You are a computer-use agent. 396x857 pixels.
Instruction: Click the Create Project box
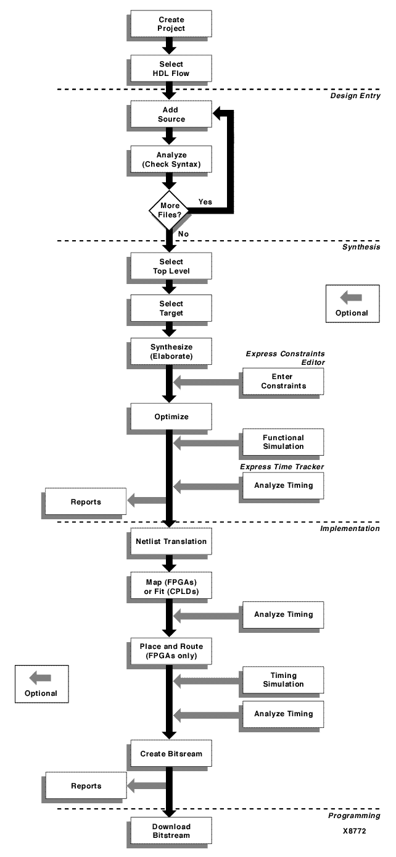coord(171,24)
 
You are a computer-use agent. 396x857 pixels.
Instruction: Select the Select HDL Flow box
coord(171,69)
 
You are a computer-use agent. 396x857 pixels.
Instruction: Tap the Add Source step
coord(171,114)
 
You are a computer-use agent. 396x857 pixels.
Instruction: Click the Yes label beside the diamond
coord(206,201)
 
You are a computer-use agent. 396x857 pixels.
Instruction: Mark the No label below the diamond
coord(184,235)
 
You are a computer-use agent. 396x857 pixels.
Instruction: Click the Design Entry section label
coord(355,96)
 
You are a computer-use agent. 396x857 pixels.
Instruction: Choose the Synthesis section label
coord(361,247)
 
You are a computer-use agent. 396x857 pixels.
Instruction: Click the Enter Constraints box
coord(281,381)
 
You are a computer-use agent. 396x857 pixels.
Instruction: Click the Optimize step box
coord(171,417)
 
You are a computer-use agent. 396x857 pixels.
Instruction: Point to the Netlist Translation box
coord(171,541)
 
